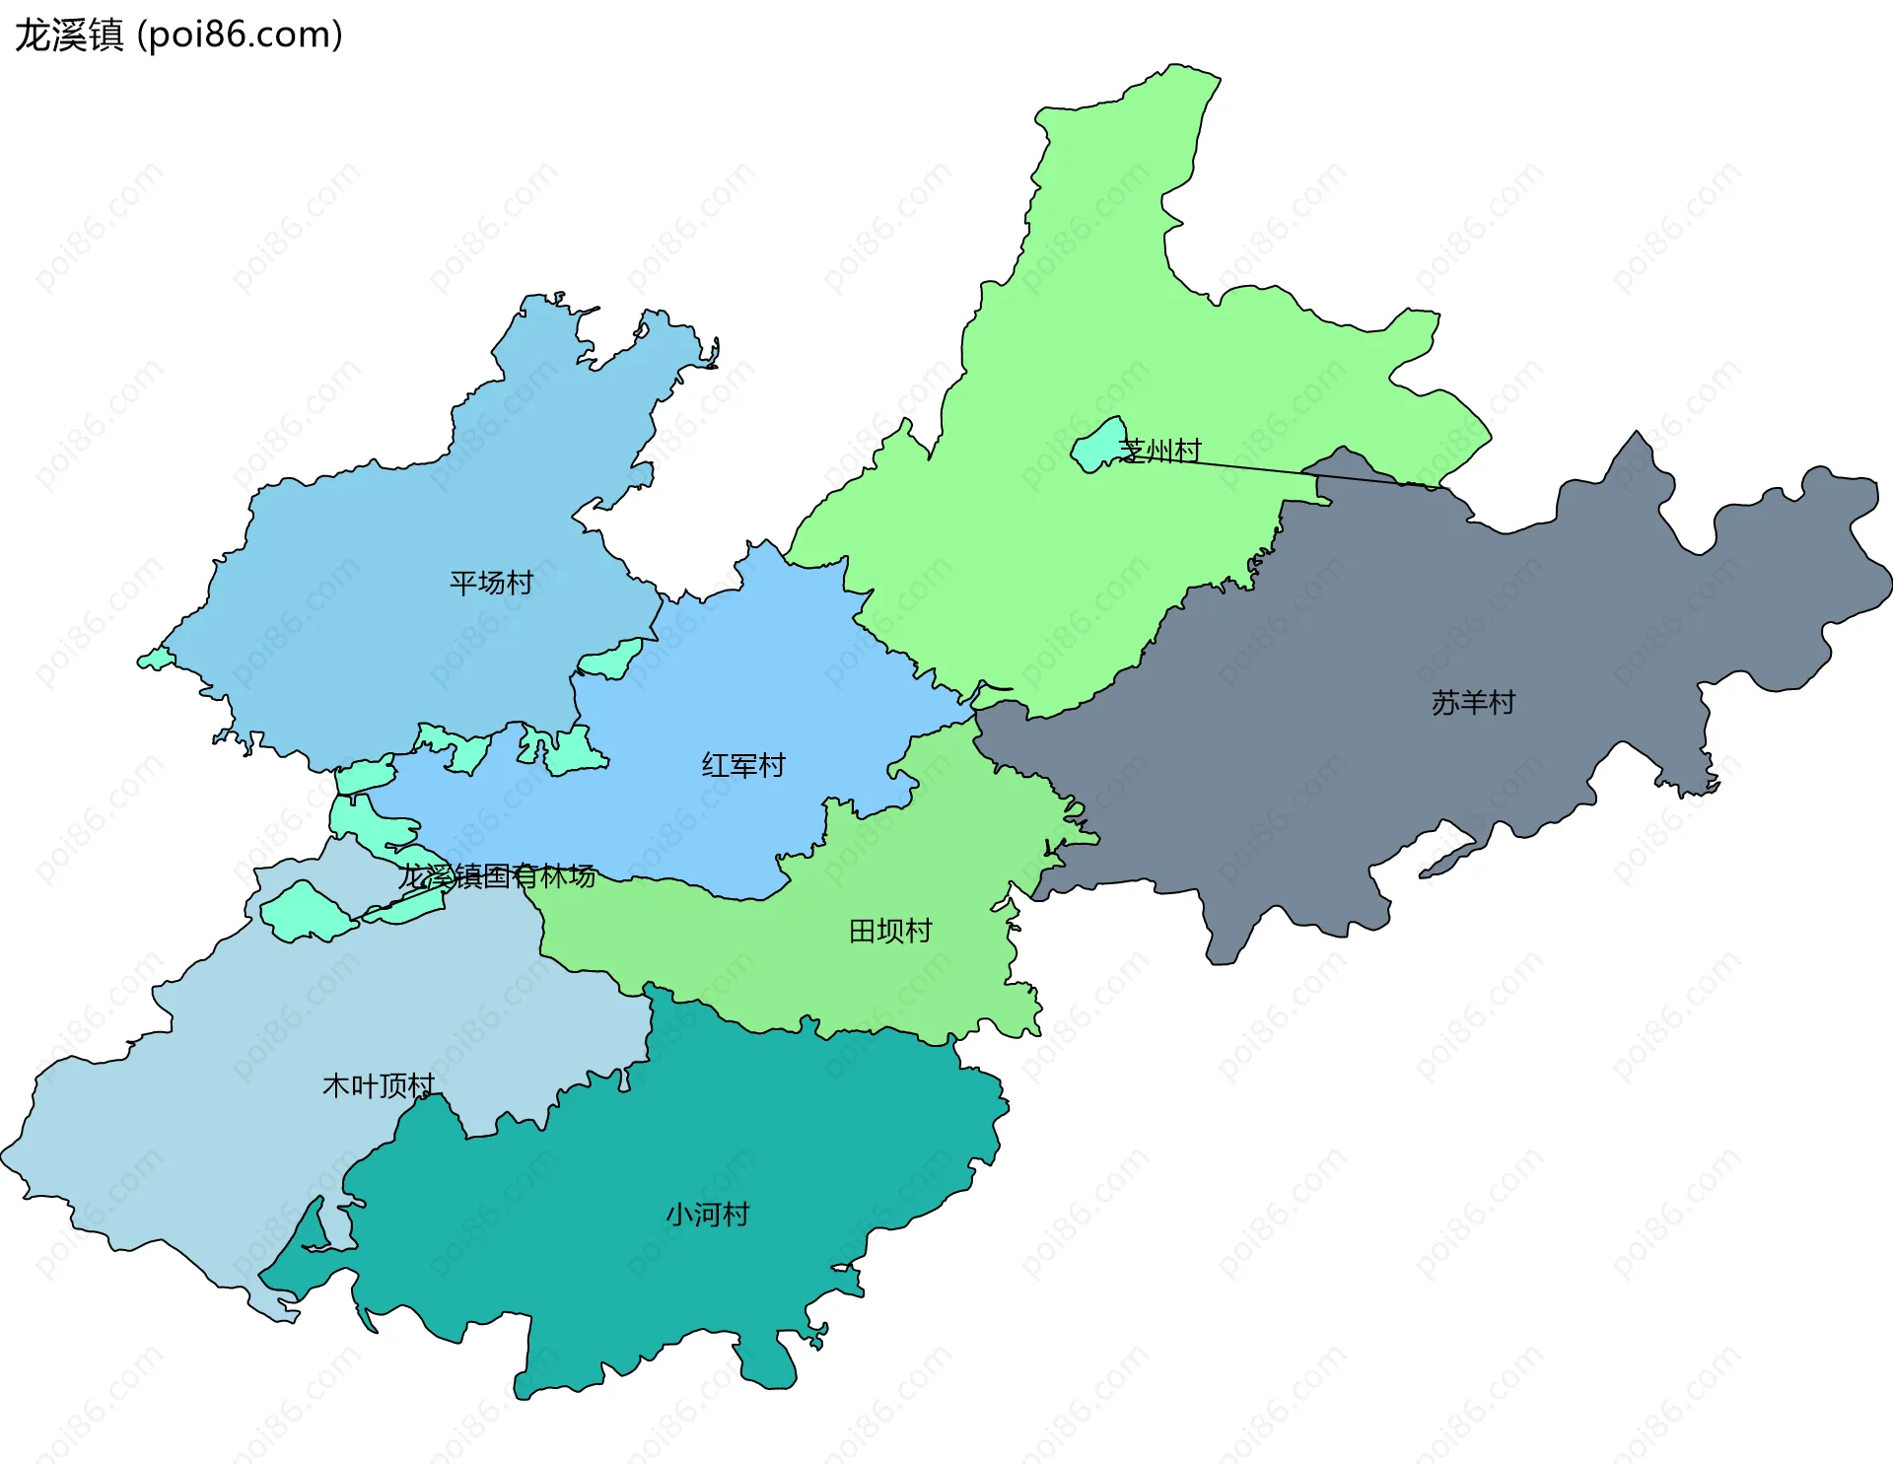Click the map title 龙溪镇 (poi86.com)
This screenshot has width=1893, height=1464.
pyautogui.click(x=178, y=35)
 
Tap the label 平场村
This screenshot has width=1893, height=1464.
pyautogui.click(x=491, y=583)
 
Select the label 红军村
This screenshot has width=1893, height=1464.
pyautogui.click(x=743, y=765)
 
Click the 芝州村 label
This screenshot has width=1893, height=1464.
pyautogui.click(x=1161, y=451)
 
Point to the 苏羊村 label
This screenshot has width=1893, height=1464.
pyautogui.click(x=1473, y=703)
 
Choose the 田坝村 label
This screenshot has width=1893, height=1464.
pyautogui.click(x=890, y=931)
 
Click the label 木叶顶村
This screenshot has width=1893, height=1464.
pyautogui.click(x=379, y=1085)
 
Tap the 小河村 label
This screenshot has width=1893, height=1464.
pyautogui.click(x=707, y=1214)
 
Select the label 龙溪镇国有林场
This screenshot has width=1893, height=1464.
pyautogui.click(x=497, y=875)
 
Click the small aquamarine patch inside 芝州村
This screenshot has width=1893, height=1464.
pyautogui.click(x=1097, y=446)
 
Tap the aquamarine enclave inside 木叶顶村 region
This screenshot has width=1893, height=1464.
pyautogui.click(x=305, y=913)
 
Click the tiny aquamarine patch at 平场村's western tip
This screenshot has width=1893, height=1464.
pyautogui.click(x=156, y=659)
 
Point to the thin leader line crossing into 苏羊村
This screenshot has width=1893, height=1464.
pyautogui.click(x=1282, y=471)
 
